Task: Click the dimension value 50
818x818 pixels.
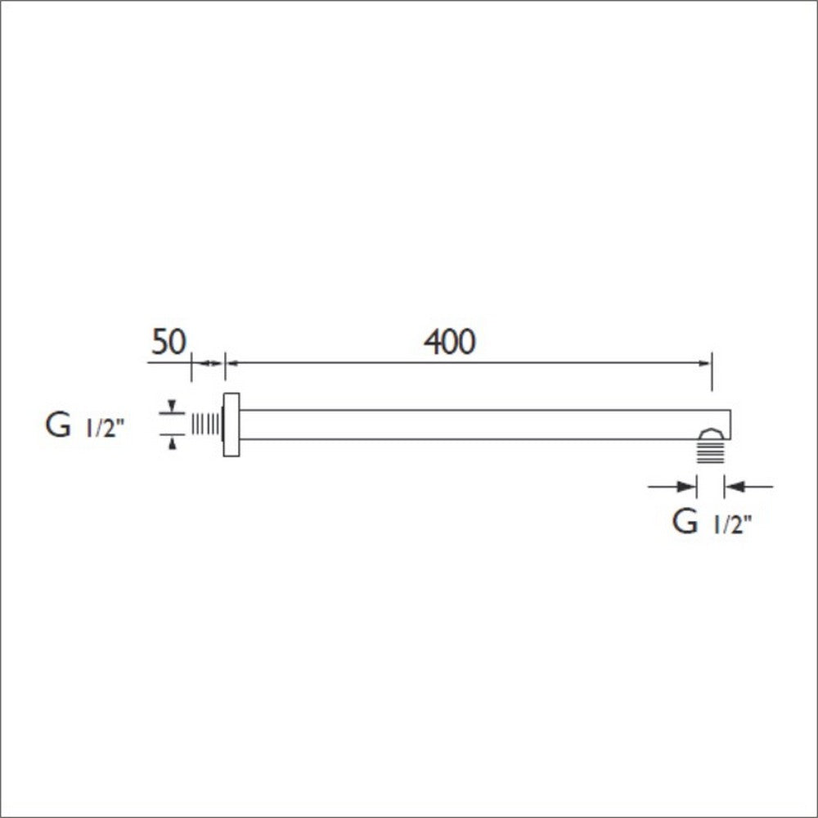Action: (x=169, y=343)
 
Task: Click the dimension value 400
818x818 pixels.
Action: (x=449, y=343)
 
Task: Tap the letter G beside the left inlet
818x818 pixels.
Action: (x=58, y=426)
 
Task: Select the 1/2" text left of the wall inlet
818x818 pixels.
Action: (x=105, y=428)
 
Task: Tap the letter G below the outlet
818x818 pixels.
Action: (x=684, y=521)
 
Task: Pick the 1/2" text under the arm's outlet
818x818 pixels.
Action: (x=732, y=524)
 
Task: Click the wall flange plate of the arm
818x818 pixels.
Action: (x=231, y=425)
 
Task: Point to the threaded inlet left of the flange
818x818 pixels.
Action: (x=206, y=424)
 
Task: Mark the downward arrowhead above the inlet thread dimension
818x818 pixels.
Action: (x=172, y=407)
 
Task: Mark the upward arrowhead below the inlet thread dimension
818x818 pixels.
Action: (x=172, y=443)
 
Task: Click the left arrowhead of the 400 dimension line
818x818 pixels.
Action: (x=230, y=362)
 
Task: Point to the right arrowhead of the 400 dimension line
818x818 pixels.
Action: (x=706, y=362)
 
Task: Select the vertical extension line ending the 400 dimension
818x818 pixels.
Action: (x=712, y=372)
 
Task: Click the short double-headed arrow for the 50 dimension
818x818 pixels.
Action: (x=208, y=362)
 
